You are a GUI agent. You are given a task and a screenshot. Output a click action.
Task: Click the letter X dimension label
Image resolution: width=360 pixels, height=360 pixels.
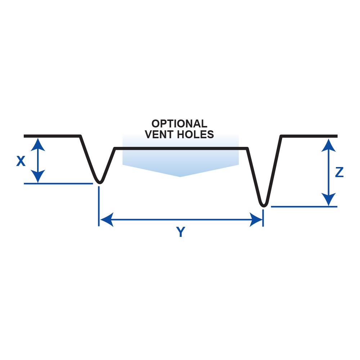click(21, 162)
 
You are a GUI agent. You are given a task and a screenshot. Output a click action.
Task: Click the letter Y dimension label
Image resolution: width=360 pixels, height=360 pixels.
click(181, 233)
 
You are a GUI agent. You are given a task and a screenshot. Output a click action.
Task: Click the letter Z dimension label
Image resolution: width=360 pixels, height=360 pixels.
click(339, 173)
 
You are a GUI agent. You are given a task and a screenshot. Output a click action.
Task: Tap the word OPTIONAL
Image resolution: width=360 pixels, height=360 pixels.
click(179, 123)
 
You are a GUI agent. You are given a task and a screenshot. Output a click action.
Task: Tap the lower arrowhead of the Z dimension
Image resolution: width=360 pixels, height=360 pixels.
click(328, 200)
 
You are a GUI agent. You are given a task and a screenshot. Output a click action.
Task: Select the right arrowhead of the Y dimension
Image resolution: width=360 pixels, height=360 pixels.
click(256, 219)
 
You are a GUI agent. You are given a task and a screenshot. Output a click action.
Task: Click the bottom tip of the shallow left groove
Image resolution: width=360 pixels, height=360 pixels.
click(99, 181)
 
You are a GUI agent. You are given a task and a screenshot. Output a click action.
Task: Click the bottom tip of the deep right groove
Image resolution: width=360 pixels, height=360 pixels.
click(264, 205)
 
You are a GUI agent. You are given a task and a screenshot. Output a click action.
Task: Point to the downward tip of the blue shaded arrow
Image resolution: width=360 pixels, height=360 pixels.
click(180, 176)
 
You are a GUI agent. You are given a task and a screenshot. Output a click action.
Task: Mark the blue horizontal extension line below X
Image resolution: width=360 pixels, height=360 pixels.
click(58, 184)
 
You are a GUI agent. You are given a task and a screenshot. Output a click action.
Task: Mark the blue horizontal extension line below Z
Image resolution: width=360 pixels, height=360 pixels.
click(304, 207)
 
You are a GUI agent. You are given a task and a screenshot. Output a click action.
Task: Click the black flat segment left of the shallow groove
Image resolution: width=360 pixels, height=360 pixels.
click(52, 136)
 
